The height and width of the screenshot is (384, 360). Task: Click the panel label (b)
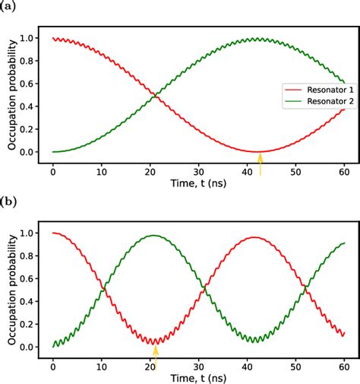click(8, 202)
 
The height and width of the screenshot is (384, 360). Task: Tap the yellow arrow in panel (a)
click(261, 163)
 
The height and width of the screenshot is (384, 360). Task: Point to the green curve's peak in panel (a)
click(261, 39)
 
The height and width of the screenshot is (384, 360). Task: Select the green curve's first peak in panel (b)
click(155, 235)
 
